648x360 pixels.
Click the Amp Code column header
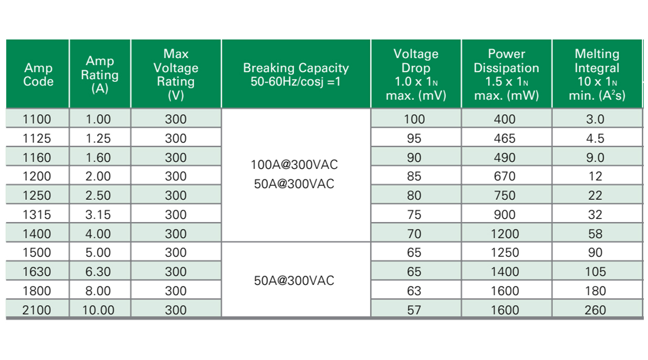[x=38, y=75]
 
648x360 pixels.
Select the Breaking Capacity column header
[x=296, y=75]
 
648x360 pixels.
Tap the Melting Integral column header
[x=597, y=75]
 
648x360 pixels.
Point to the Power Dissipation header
[x=506, y=75]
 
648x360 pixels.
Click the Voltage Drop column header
[x=415, y=75]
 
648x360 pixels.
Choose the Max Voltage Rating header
[x=176, y=75]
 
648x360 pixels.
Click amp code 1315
[x=37, y=215]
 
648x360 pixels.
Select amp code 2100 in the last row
[x=37, y=310]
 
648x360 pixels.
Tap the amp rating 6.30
[x=99, y=272]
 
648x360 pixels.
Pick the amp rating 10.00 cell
[x=99, y=310]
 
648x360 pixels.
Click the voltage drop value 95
[x=414, y=139]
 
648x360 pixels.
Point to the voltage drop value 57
[x=414, y=310]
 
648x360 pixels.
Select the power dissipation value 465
[x=505, y=139]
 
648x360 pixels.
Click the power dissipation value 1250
[x=505, y=253]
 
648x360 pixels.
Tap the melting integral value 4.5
[x=595, y=139]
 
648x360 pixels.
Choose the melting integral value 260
[x=595, y=310]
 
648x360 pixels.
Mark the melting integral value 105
[x=595, y=272]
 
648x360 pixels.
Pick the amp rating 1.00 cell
[x=99, y=119]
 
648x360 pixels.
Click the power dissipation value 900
[x=505, y=215]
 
